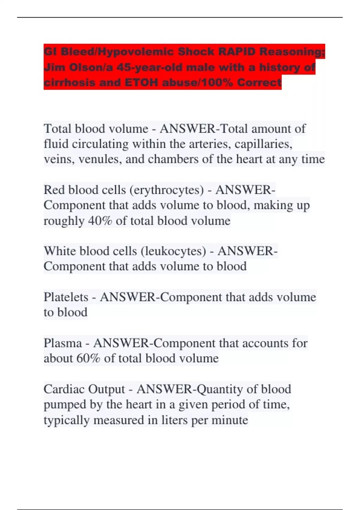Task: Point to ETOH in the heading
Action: pyautogui.click(x=141, y=82)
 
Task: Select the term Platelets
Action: pyautogui.click(x=66, y=297)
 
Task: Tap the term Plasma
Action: pyautogui.click(x=63, y=343)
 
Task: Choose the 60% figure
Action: pyautogui.click(x=88, y=358)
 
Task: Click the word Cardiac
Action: pyautogui.click(x=64, y=389)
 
